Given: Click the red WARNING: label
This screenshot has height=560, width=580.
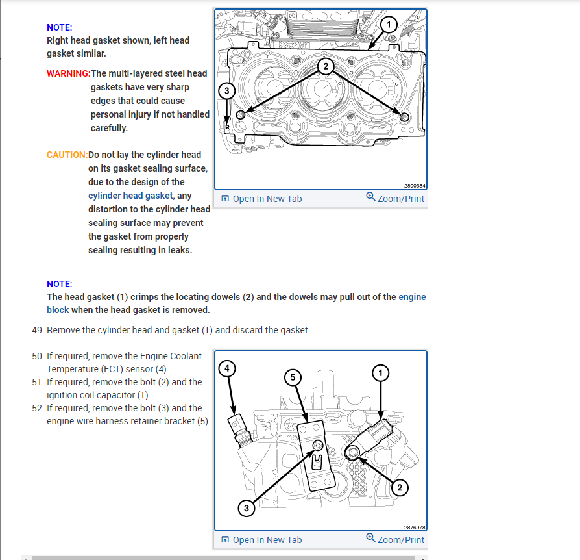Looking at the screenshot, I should tap(68, 73).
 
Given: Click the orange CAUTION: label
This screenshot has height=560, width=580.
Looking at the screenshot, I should tap(67, 155).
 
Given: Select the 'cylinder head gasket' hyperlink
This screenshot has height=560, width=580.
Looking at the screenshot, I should tap(130, 196).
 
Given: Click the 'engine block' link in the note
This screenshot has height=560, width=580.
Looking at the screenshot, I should tap(412, 297).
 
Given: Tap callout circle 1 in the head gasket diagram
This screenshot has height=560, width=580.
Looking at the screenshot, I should tap(387, 25).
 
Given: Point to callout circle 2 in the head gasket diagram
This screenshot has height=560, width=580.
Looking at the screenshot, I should tap(326, 66).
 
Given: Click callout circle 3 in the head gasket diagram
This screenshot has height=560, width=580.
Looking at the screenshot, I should tap(226, 91).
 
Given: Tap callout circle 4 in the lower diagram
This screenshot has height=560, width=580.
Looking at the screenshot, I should tap(226, 369).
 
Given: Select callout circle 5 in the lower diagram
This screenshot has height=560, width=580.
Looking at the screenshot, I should tap(293, 377).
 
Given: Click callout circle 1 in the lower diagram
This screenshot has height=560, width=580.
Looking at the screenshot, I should tap(381, 372).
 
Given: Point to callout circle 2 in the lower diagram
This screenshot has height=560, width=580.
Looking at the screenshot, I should tap(399, 488).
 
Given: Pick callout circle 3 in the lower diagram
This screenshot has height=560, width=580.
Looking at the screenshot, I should tap(246, 509).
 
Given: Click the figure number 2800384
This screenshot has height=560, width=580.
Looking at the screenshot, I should tap(414, 186).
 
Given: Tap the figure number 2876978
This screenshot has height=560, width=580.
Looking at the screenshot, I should tap(414, 528).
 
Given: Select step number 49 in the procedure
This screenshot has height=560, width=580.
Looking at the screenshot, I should tap(38, 330).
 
